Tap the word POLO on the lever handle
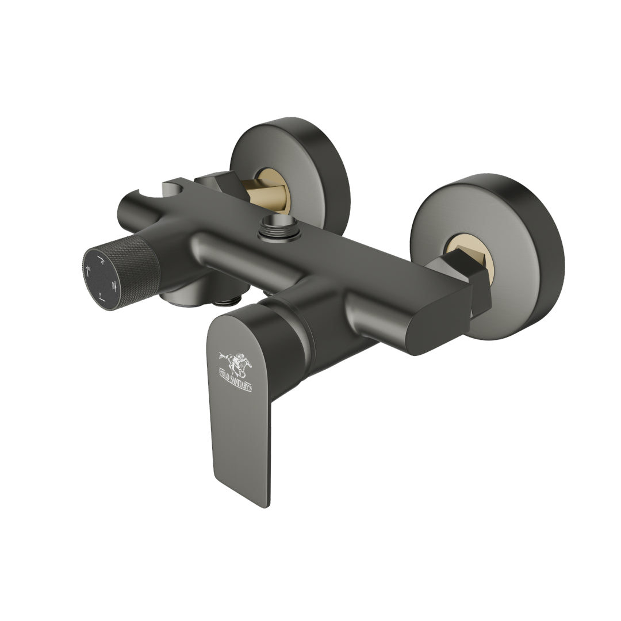(x=226, y=370)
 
